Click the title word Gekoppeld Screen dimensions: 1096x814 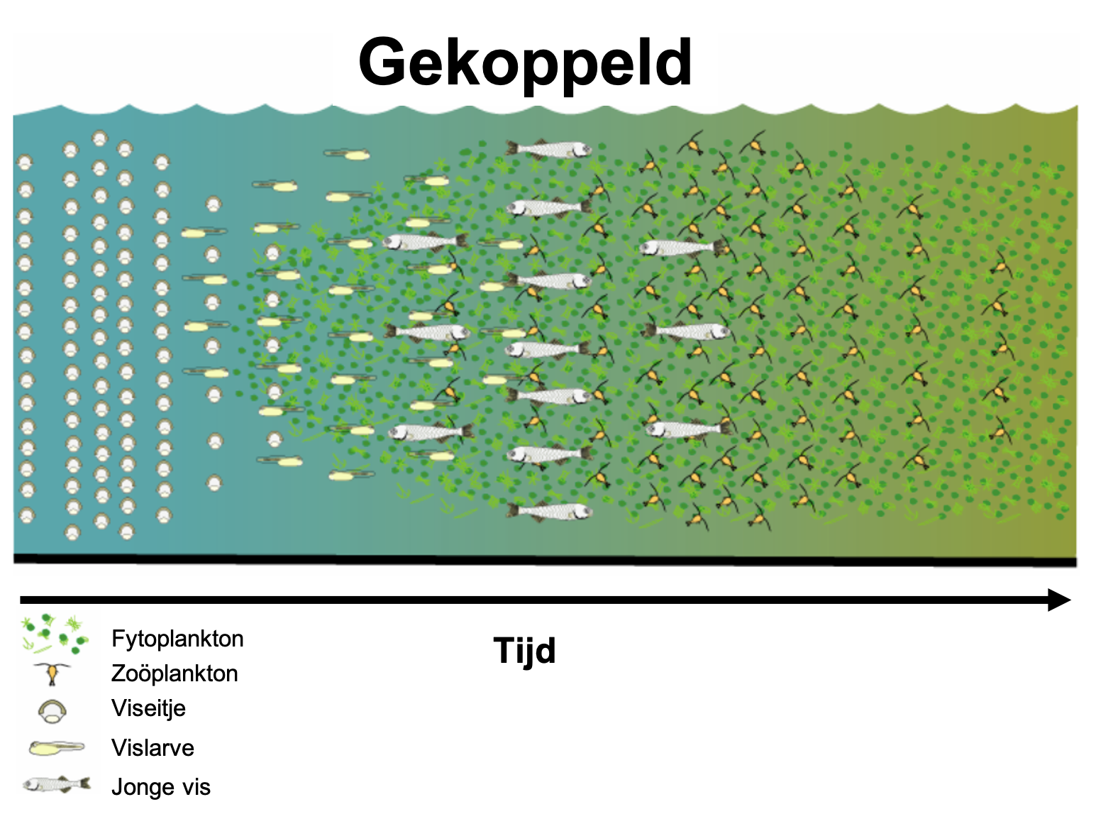point(525,65)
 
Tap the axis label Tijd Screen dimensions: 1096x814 point(525,651)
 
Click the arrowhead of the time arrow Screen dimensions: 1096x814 point(1059,600)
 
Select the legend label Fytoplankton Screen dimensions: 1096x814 point(177,639)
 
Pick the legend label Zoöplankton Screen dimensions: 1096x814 point(175,673)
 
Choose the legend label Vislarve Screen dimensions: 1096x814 point(153,748)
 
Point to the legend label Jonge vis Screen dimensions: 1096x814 point(161,787)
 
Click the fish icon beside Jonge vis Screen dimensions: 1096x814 point(57,785)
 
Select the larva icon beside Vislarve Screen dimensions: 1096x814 point(57,748)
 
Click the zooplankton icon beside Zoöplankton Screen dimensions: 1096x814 point(52,673)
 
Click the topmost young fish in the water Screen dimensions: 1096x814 point(548,148)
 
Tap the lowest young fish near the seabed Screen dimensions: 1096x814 point(550,512)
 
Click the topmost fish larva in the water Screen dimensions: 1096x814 point(347,155)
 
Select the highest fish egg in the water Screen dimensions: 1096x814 point(100,139)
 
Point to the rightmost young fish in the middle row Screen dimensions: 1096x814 point(687,331)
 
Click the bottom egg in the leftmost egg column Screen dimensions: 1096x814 point(27,516)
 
